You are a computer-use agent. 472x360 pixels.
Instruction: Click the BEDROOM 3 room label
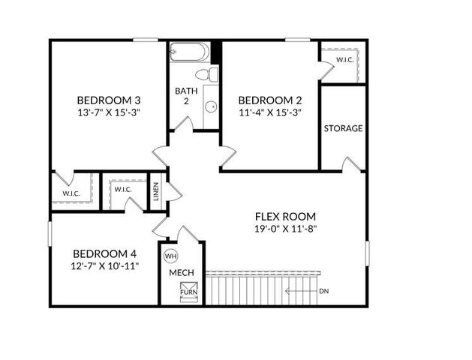point(110,100)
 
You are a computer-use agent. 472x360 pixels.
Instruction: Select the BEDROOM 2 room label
point(270,100)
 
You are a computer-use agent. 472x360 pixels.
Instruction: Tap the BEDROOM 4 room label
point(104,253)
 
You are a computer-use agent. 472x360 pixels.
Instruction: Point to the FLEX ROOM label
point(285,216)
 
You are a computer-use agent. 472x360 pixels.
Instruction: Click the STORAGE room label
point(343,128)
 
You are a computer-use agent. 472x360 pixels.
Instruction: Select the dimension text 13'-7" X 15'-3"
point(110,112)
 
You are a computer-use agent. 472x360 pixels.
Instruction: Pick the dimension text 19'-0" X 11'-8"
point(285,229)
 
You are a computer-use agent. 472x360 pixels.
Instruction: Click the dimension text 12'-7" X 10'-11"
point(104,265)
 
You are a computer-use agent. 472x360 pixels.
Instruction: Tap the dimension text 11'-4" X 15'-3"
point(270,112)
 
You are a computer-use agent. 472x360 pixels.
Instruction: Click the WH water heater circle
point(171,255)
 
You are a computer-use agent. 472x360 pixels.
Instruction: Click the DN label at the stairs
point(323,291)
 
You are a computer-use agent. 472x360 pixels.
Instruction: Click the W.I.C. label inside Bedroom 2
point(345,59)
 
